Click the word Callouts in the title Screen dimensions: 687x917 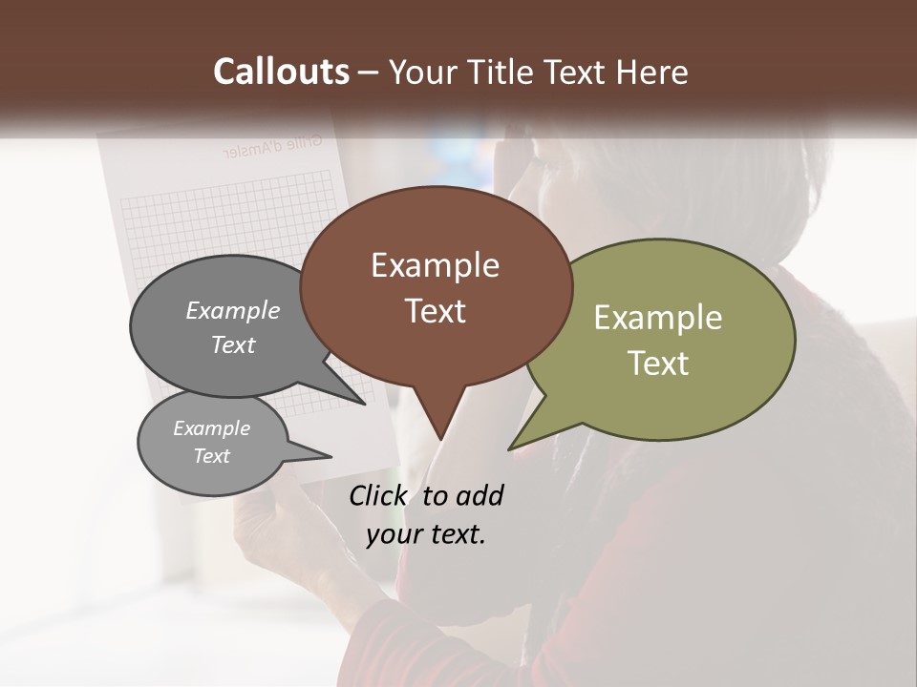(281, 72)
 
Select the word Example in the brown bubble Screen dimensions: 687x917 (435, 265)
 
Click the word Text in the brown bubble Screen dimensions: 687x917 (435, 311)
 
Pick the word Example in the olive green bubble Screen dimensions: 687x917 (657, 318)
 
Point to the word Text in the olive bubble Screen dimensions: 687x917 (657, 364)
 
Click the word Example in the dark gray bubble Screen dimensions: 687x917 (233, 310)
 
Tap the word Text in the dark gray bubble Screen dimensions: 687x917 (233, 344)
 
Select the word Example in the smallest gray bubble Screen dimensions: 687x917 (211, 428)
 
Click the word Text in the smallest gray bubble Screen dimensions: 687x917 (211, 456)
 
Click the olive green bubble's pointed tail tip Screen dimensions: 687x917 (510, 448)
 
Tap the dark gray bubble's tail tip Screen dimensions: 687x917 (365, 404)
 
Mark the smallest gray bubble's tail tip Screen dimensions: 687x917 (331, 456)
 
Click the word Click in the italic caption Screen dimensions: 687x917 (379, 495)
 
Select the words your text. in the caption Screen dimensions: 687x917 (426, 534)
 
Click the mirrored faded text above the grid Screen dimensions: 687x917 (271, 148)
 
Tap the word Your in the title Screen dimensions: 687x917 (421, 72)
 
